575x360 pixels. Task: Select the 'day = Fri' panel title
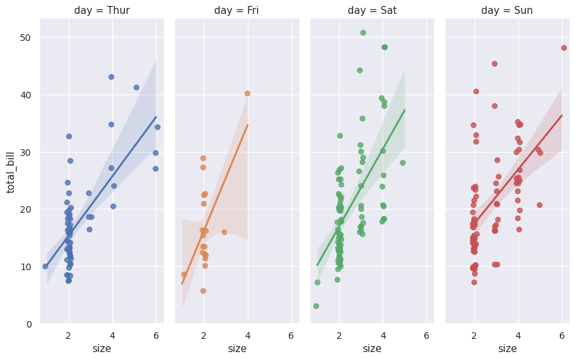pyautogui.click(x=237, y=11)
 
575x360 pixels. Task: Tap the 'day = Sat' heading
pyautogui.click(x=372, y=11)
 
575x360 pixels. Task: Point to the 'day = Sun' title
pyautogui.click(x=507, y=11)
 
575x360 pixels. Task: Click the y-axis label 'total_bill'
pyautogui.click(x=11, y=171)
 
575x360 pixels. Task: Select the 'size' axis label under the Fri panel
pyautogui.click(x=237, y=348)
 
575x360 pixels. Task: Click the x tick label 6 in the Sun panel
pyautogui.click(x=562, y=336)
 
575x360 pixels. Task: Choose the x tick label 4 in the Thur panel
pyautogui.click(x=112, y=336)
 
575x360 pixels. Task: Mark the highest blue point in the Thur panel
pyautogui.click(x=111, y=77)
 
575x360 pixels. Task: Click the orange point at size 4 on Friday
pyautogui.click(x=247, y=93)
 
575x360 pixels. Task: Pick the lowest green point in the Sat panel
pyautogui.click(x=316, y=306)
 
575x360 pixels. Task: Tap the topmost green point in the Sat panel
pyautogui.click(x=363, y=32)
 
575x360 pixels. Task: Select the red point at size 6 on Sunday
pyautogui.click(x=564, y=48)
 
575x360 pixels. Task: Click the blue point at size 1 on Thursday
pyautogui.click(x=45, y=266)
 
